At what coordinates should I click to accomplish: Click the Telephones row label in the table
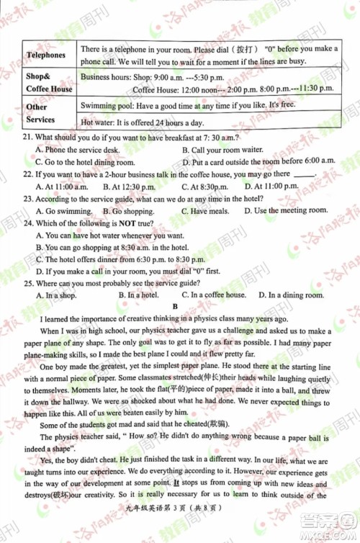(x=45, y=55)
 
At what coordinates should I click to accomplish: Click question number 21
(x=28, y=137)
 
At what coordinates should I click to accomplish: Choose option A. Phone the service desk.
(x=76, y=149)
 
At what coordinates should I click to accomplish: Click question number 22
(x=28, y=174)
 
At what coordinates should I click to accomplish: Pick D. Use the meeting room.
(x=285, y=211)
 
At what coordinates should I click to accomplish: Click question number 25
(x=28, y=284)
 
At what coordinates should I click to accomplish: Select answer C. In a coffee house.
(x=214, y=295)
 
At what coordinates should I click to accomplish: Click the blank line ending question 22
(x=305, y=175)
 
